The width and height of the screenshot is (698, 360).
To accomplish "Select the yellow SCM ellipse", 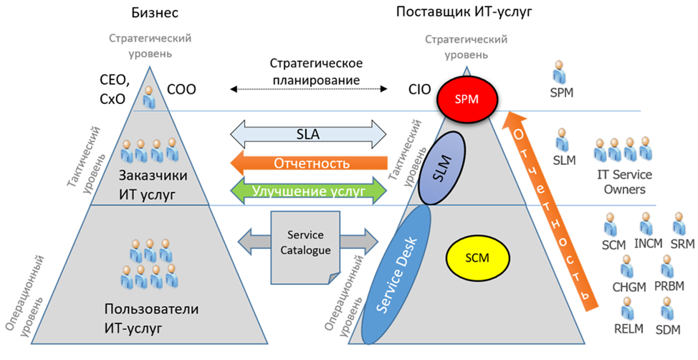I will click(x=477, y=256).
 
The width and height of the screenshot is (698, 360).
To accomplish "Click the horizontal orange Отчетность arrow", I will click(x=308, y=163).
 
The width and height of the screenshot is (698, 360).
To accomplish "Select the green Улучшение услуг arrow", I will click(x=308, y=191).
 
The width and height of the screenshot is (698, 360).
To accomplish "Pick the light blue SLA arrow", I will click(x=308, y=135).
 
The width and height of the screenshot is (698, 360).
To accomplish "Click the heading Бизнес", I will click(x=155, y=13).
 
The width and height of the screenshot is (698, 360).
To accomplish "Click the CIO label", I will click(x=419, y=90).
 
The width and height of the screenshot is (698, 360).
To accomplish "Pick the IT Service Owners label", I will click(x=621, y=182).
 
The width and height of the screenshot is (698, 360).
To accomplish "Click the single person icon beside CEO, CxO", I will click(x=149, y=97).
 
